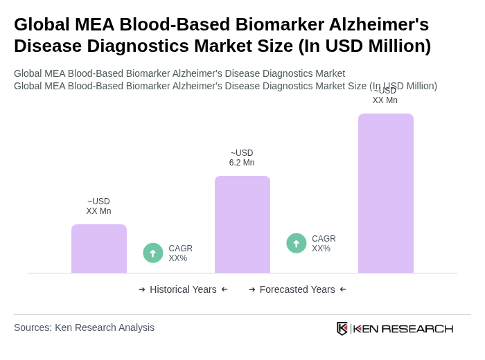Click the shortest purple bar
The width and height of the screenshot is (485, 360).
click(x=99, y=249)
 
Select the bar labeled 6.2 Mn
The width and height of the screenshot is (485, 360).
click(x=242, y=224)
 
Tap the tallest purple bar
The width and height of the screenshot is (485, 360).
click(x=386, y=193)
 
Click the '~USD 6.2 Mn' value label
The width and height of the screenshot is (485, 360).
click(x=242, y=158)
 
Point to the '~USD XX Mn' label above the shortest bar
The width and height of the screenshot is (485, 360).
click(x=98, y=206)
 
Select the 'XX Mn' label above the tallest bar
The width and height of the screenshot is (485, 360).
click(x=385, y=100)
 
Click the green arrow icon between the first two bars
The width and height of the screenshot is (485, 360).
click(x=153, y=253)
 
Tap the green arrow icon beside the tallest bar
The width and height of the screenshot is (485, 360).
click(x=297, y=243)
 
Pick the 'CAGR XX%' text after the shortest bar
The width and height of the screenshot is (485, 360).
click(x=180, y=253)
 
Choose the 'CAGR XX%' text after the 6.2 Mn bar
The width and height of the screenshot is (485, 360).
click(x=324, y=244)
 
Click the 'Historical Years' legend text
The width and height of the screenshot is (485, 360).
click(x=183, y=289)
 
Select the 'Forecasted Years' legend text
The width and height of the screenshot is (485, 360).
click(x=297, y=289)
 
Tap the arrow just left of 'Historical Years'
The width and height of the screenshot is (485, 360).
click(x=142, y=289)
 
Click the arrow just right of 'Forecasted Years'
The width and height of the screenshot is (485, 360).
click(x=343, y=289)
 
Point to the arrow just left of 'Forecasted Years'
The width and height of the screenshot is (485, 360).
click(x=252, y=289)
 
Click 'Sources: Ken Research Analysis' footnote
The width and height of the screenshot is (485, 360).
click(x=84, y=327)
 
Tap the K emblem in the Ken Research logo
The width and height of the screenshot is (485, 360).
click(x=342, y=328)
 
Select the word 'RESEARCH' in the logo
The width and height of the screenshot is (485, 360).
click(x=417, y=328)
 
